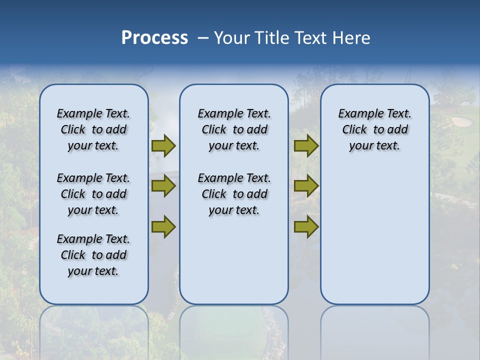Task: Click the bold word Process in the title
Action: click(x=154, y=38)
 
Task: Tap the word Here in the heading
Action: click(x=351, y=38)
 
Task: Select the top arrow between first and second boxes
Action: click(x=163, y=145)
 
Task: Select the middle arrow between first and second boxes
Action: click(x=163, y=186)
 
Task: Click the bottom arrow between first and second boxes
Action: click(x=163, y=227)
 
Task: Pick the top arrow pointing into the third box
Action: click(x=306, y=145)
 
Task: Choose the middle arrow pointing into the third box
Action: click(x=306, y=186)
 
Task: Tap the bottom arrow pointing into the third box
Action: click(x=306, y=227)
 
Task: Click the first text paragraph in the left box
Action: click(x=93, y=129)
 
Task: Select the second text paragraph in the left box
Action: click(x=93, y=194)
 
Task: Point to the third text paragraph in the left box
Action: click(x=93, y=255)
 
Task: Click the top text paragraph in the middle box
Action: click(x=234, y=129)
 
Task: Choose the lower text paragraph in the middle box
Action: click(x=234, y=194)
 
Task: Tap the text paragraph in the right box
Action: click(x=374, y=129)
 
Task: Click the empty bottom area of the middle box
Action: click(x=234, y=265)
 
